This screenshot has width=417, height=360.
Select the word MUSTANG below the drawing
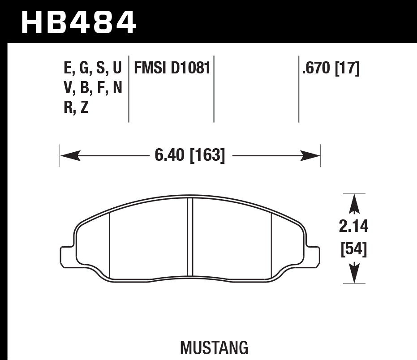214,347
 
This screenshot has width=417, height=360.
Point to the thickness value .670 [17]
331,68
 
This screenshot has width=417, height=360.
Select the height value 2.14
354,227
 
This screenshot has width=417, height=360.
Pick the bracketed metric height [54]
354,249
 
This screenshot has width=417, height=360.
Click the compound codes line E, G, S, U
93,68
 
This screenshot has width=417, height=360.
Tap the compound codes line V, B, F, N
93,88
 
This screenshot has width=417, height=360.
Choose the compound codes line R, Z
76,107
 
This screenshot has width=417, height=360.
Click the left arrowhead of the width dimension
69,156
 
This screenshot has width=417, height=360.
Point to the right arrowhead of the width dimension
311,156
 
